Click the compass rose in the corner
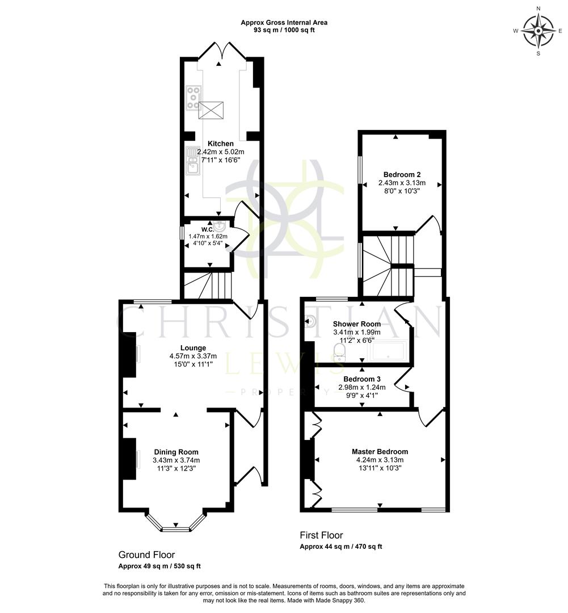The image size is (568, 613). [538, 31]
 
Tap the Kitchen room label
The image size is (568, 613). [221, 144]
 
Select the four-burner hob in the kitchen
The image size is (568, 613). [193, 97]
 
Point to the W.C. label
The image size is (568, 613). [207, 229]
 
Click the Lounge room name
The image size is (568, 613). [193, 348]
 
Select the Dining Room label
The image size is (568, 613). [176, 452]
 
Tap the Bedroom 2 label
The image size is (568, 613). [402, 174]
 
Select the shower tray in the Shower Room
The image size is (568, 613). [388, 352]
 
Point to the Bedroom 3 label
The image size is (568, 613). [362, 379]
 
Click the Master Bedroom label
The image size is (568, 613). [379, 452]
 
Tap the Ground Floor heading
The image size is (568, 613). [146, 555]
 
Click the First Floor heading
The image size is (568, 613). [321, 535]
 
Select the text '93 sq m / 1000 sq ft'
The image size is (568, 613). [284, 30]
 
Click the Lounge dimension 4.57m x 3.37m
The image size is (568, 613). [193, 356]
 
